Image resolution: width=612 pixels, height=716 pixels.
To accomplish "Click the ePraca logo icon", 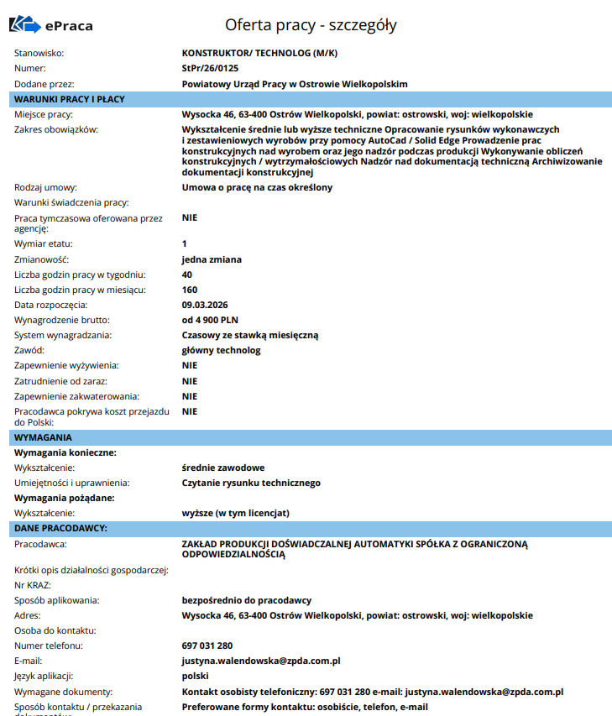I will coord(24,25).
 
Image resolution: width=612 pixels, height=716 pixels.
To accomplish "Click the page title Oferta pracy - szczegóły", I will coord(311,25).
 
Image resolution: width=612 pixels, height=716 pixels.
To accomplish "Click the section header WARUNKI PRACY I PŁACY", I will coord(70,99).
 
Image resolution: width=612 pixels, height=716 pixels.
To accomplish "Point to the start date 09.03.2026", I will coord(206,305).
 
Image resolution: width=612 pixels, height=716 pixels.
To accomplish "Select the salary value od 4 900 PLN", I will coord(211,320).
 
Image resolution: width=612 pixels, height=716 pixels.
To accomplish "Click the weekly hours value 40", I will coord(187,274).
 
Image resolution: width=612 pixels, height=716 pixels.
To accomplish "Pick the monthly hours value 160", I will coord(190,290).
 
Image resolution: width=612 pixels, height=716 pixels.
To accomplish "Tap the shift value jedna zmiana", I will coord(212,259).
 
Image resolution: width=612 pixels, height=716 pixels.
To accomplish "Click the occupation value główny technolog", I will coord(222,350).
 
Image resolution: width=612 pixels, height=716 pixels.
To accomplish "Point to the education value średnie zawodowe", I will coord(223,468).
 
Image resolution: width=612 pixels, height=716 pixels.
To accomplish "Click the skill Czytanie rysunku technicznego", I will coord(251,483).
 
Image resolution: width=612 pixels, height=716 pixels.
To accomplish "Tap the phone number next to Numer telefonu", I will coord(207,645).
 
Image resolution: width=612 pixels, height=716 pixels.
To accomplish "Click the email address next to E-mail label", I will coord(261,661).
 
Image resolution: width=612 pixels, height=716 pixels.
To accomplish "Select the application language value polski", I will coord(196,676).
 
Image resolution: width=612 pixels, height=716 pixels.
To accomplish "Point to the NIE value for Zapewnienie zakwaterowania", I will coord(190,395).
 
